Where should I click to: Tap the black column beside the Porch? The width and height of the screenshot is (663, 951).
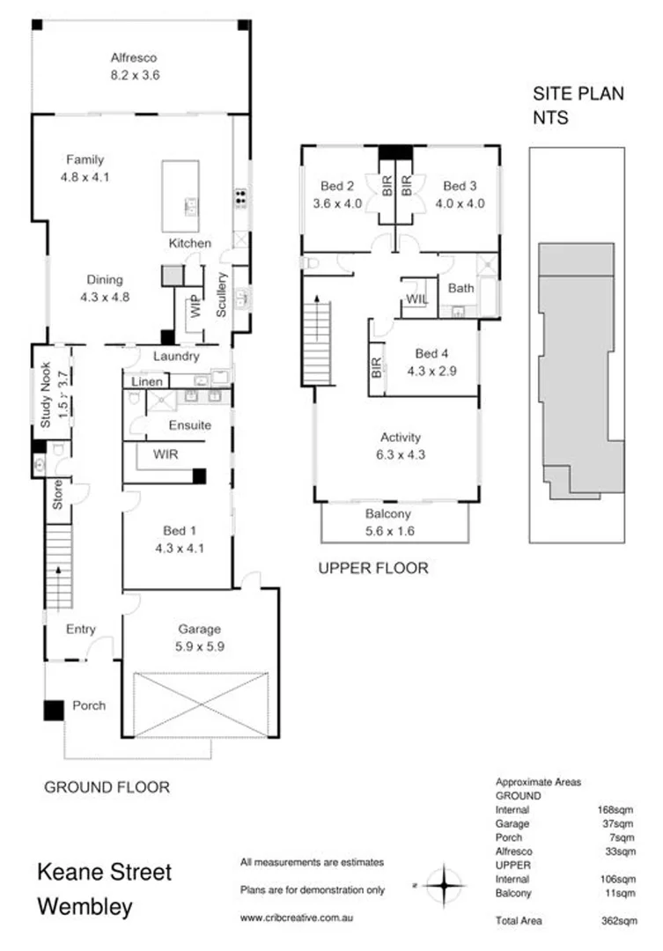(54, 710)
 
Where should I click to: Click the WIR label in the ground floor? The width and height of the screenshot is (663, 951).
(166, 455)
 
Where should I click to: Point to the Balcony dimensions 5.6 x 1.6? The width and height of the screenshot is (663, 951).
(387, 531)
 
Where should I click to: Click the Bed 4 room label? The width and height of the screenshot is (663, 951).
(431, 354)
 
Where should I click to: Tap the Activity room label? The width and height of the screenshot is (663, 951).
(400, 437)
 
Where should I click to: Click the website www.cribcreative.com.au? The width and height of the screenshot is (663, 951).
(297, 918)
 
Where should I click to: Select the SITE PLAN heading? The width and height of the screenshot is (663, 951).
(578, 95)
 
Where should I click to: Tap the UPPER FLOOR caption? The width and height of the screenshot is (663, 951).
(372, 569)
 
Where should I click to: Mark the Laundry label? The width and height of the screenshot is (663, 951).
(176, 357)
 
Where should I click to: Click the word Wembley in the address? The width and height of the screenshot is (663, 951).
(85, 907)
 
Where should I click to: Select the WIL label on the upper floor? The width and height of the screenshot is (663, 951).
(416, 299)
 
